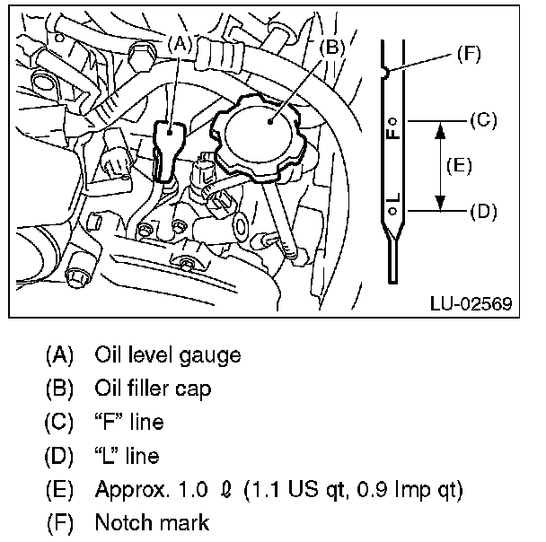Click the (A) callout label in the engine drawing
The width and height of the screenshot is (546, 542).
pyautogui.click(x=180, y=44)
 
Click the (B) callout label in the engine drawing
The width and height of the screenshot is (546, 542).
pyautogui.click(x=332, y=47)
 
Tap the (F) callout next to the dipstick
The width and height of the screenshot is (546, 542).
pyautogui.click(x=469, y=54)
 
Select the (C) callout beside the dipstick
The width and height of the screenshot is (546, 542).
pyautogui.click(x=483, y=120)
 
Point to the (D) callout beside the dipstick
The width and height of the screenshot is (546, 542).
pyautogui.click(x=483, y=211)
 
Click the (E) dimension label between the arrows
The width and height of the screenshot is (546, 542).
pyautogui.click(x=459, y=165)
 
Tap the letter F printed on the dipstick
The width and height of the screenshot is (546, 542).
pyautogui.click(x=393, y=133)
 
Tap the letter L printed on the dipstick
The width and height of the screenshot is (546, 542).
pyautogui.click(x=393, y=198)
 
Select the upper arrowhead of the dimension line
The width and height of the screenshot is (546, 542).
pyautogui.click(x=441, y=130)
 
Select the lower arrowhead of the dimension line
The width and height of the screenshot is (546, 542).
pyautogui.click(x=441, y=203)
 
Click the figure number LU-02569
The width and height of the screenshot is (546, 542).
pyautogui.click(x=471, y=303)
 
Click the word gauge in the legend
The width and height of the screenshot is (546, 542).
pyautogui.click(x=209, y=355)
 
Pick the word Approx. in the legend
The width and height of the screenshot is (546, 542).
pyautogui.click(x=133, y=490)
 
